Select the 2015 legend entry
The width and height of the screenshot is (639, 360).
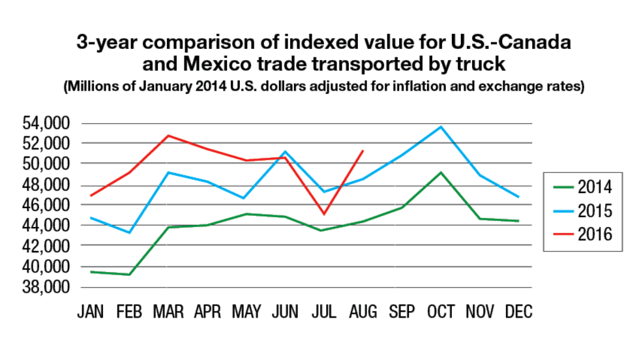(581, 211)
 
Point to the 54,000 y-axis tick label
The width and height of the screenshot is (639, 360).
(57, 123)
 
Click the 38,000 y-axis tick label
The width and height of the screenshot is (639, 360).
(57, 287)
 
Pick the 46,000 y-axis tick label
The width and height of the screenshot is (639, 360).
(57, 205)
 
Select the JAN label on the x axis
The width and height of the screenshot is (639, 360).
(93, 312)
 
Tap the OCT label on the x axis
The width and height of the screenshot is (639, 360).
(441, 312)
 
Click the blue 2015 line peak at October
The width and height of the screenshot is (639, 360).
(441, 127)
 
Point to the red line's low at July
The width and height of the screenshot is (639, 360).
(323, 214)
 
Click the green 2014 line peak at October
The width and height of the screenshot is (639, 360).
(441, 172)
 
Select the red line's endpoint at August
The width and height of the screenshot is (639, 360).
(363, 151)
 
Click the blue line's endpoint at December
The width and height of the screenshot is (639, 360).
(519, 196)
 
